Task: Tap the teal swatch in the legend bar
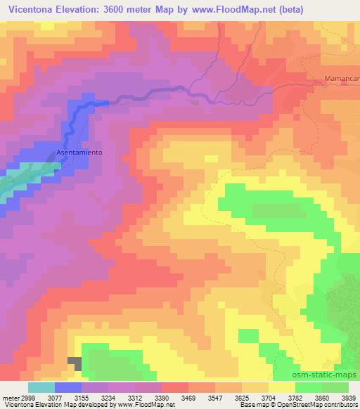click(x=41, y=387)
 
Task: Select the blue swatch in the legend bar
click(x=68, y=387)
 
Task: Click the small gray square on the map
click(x=75, y=363)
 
